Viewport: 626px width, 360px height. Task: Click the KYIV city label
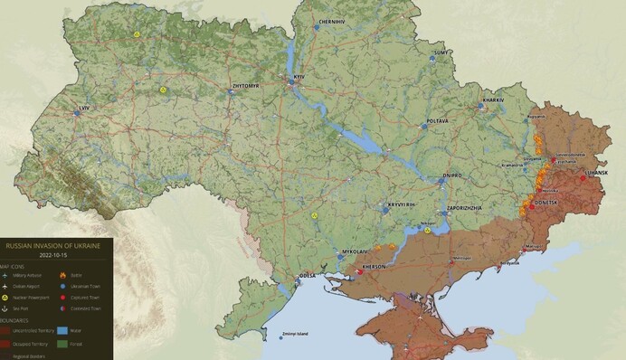pyautogui.click(x=301, y=80)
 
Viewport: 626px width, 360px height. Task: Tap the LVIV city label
pyautogui.click(x=86, y=107)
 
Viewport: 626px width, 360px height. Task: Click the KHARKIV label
pyautogui.click(x=493, y=99)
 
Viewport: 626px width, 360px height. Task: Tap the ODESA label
pyautogui.click(x=307, y=276)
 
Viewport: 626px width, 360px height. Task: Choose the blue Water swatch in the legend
pyautogui.click(x=62, y=330)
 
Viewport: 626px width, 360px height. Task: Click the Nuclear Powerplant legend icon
pyautogui.click(x=5, y=296)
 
